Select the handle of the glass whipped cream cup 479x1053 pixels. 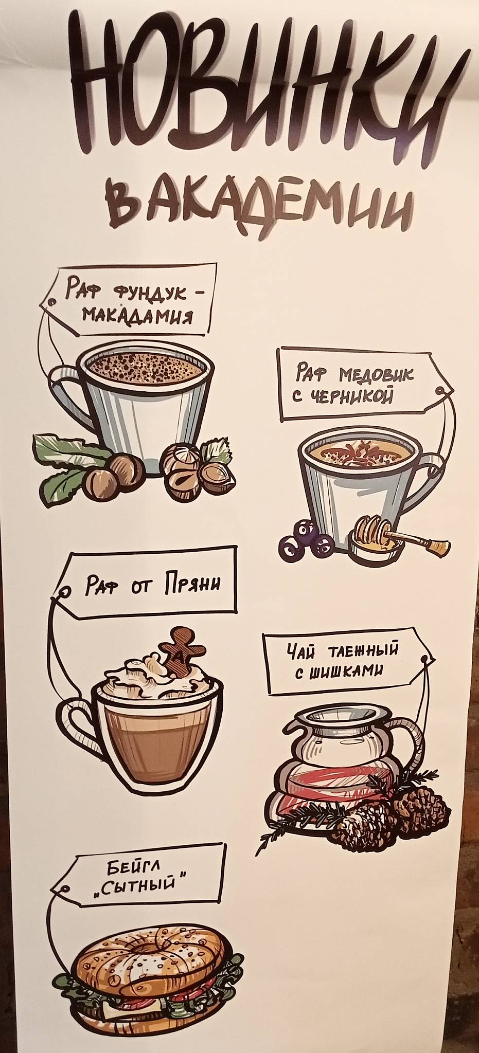(77, 725)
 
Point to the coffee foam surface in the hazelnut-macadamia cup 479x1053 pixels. (144, 366)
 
